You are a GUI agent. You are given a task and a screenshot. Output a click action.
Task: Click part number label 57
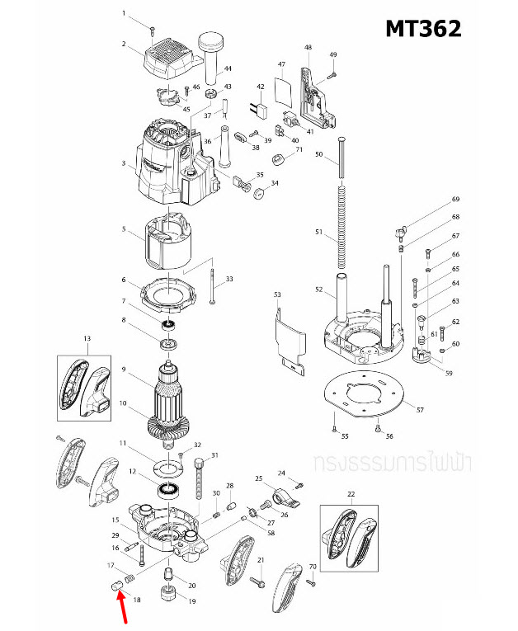coord(420,410)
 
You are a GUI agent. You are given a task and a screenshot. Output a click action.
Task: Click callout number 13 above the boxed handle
coord(87,339)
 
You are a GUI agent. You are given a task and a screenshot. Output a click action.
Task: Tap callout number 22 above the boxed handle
coord(351,494)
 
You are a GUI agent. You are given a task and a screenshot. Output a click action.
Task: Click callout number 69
coord(454,200)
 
